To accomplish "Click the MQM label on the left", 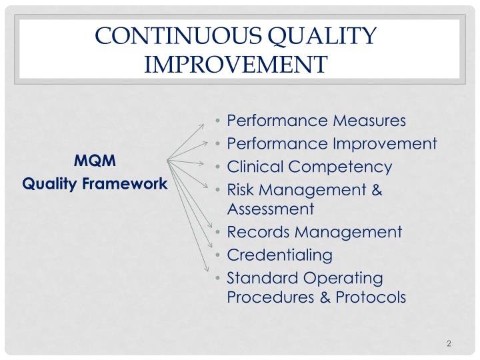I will [x=95, y=161].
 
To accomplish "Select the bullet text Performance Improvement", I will [x=332, y=143].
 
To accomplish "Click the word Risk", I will [x=240, y=191].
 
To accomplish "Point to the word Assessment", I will [x=270, y=209].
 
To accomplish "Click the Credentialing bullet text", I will [x=279, y=255].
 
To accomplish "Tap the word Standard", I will [x=257, y=277].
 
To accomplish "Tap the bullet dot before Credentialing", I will [x=219, y=255].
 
